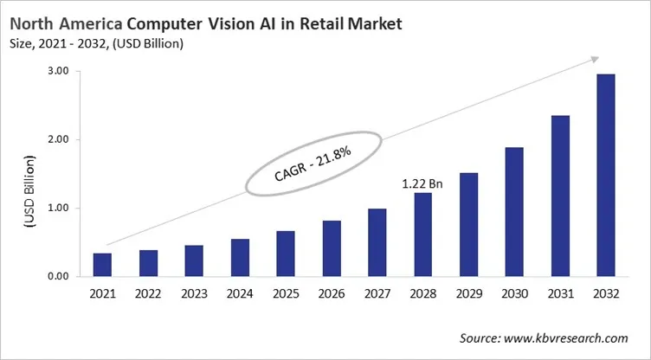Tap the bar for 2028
click(423, 235)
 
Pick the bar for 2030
click(515, 212)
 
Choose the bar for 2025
click(285, 254)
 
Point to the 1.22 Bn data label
click(422, 183)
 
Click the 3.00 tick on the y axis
click(57, 71)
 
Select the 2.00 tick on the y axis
click(57, 139)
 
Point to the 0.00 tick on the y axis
click(57, 277)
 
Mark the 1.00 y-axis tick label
click(57, 208)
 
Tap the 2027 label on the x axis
click(377, 293)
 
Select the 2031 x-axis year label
click(561, 293)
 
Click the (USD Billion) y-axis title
click(29, 191)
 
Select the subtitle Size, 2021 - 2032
click(55, 42)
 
